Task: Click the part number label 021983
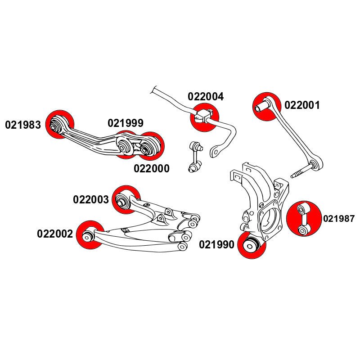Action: (23, 125)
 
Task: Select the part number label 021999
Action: (126, 123)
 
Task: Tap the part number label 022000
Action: (152, 169)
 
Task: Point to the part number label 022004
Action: (206, 97)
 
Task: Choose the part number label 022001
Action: (302, 106)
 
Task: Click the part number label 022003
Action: (91, 199)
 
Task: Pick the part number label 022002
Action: (55, 234)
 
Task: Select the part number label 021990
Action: (216, 245)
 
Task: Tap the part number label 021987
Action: (339, 219)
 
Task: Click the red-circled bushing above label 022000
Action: (150, 146)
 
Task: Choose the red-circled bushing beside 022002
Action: (90, 234)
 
